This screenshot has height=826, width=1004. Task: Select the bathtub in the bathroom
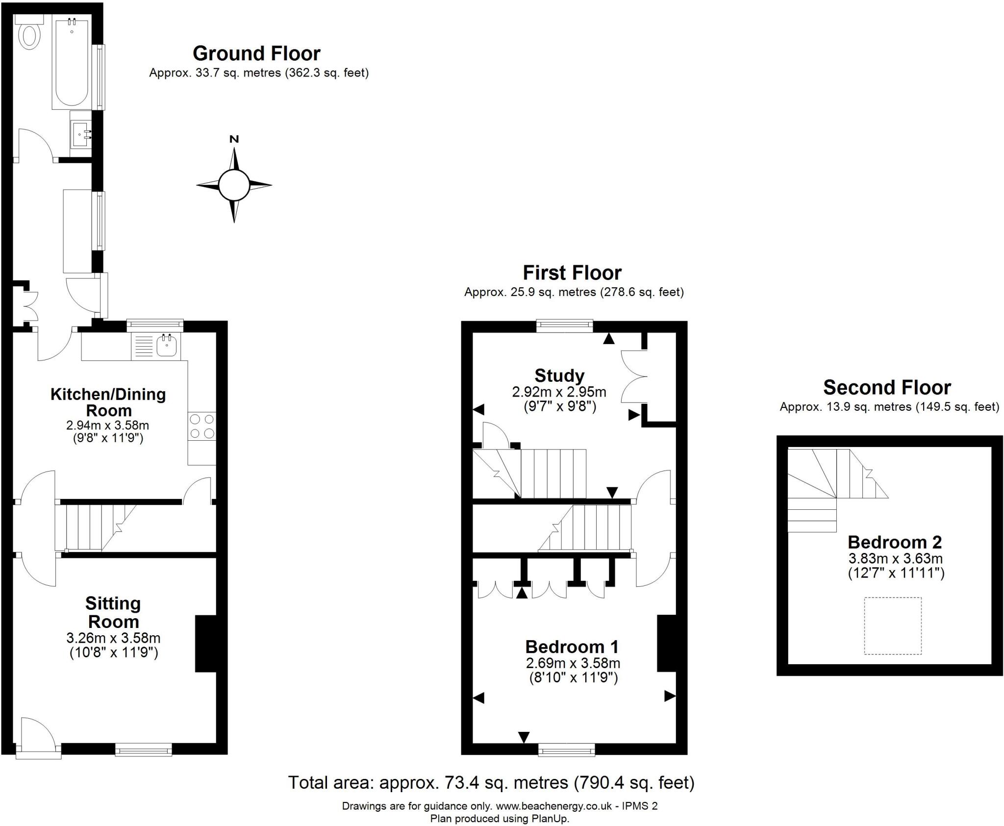click(x=72, y=62)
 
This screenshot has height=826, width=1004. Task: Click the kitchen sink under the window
click(x=167, y=346)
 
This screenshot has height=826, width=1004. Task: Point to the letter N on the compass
click(x=234, y=139)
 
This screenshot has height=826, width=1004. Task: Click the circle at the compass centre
click(x=234, y=185)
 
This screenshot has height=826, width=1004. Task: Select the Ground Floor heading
click(x=256, y=53)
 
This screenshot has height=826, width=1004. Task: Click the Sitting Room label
click(x=113, y=612)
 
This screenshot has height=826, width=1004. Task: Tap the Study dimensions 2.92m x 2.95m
click(x=559, y=392)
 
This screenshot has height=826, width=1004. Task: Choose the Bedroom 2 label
click(x=895, y=542)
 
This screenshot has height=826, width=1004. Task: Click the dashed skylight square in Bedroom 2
click(x=893, y=626)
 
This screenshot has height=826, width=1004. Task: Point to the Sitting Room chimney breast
click(x=206, y=643)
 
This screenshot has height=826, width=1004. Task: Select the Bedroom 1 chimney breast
click(x=667, y=643)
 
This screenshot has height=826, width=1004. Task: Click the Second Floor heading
click(x=887, y=387)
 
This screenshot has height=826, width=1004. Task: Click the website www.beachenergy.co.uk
click(x=554, y=806)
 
